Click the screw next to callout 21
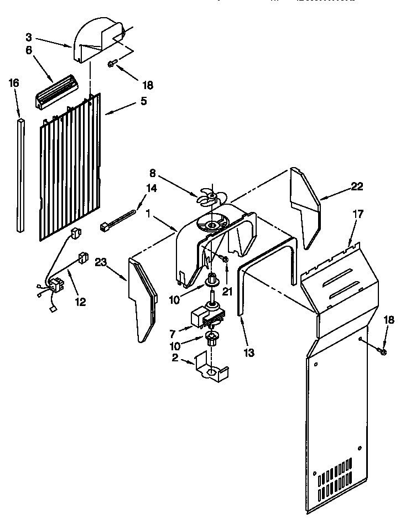[225, 259]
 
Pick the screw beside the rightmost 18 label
[382, 350]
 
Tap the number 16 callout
[14, 83]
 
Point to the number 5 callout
[143, 101]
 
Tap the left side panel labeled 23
[140, 299]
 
